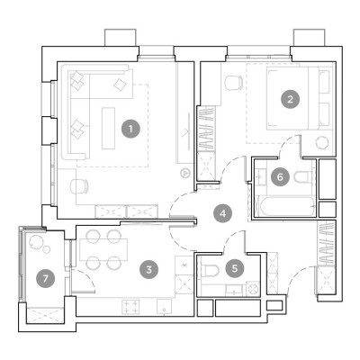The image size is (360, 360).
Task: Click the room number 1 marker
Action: click(x=130, y=129)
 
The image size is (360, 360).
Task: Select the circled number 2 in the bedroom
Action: click(x=290, y=99)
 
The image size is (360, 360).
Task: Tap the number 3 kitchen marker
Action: click(x=149, y=269)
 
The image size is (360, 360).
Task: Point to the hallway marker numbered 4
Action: click(x=222, y=213)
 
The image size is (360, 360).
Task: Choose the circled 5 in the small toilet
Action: click(x=235, y=268)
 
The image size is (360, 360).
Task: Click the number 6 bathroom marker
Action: click(x=280, y=176)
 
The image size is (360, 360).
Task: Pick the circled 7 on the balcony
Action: click(x=45, y=279)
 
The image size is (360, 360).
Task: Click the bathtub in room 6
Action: click(x=285, y=206)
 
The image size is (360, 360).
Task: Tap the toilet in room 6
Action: click(x=303, y=177)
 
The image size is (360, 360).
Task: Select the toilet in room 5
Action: click(x=209, y=271)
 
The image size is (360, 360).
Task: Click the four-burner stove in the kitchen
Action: click(x=130, y=307)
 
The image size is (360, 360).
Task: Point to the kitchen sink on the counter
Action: click(x=164, y=306)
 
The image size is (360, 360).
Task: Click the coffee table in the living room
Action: click(x=108, y=128)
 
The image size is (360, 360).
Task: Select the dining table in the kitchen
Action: click(x=103, y=249)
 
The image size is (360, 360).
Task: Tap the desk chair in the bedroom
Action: click(x=234, y=83)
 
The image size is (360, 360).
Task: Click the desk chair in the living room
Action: click(x=79, y=186)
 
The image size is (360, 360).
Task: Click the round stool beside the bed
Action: click(x=322, y=142)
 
